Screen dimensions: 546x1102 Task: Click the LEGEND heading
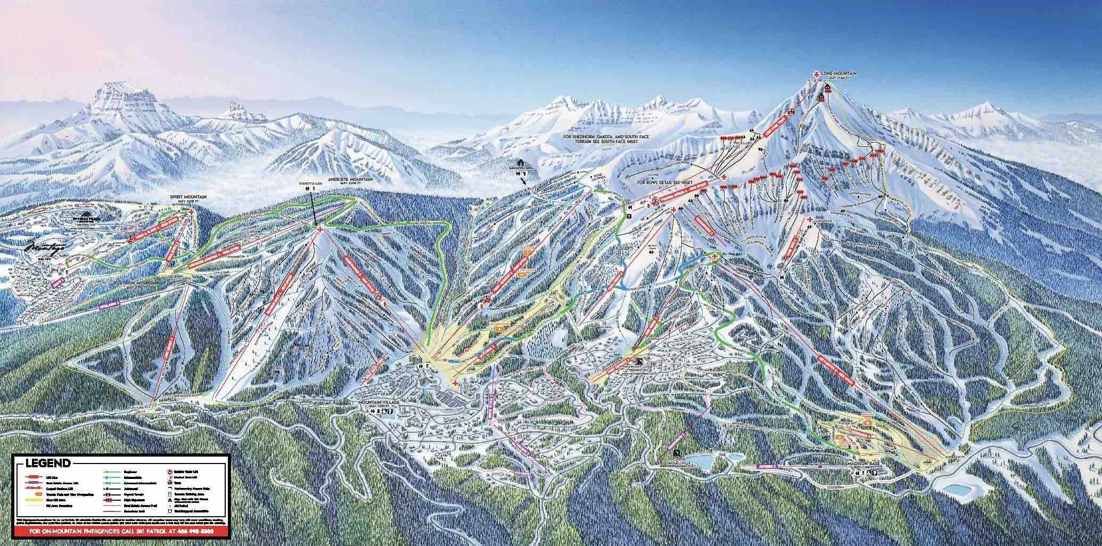(47, 463)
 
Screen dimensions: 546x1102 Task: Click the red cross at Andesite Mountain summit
(319, 229)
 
